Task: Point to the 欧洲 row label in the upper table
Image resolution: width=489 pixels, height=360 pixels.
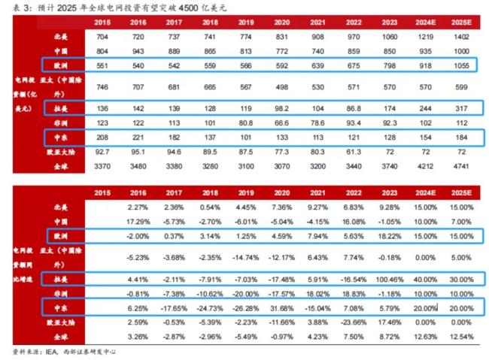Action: point(61,65)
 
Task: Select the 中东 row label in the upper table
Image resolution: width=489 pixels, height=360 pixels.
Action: point(61,138)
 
